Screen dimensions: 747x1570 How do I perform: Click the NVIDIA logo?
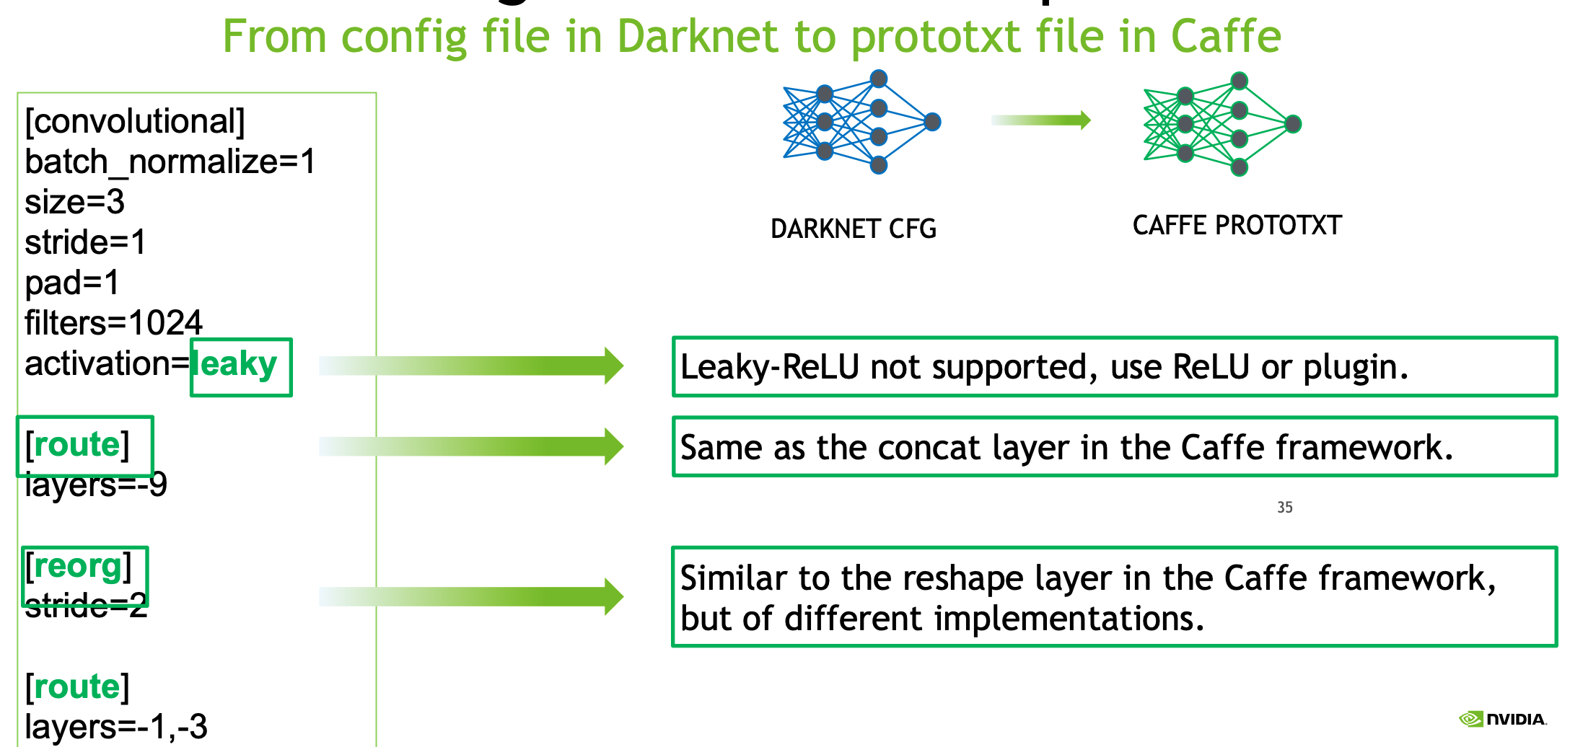(1502, 719)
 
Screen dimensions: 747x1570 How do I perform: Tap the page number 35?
(1284, 508)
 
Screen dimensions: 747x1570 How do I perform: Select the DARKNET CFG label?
(853, 229)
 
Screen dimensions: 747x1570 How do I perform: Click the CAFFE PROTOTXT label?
(1237, 226)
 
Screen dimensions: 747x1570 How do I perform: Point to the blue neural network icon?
(860, 122)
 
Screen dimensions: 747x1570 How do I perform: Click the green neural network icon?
(1221, 124)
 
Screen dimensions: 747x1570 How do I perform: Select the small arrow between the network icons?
(1040, 120)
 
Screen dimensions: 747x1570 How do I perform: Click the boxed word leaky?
(238, 365)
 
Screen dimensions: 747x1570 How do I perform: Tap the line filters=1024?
(113, 323)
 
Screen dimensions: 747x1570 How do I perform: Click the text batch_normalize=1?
(170, 162)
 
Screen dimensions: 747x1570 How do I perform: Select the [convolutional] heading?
(135, 121)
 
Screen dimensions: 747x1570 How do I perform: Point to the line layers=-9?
(95, 485)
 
